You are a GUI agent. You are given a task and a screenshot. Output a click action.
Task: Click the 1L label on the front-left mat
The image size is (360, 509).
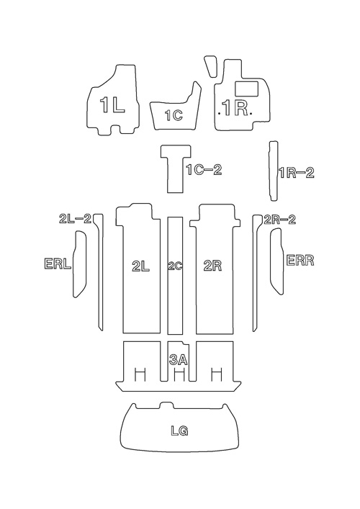(x=112, y=105)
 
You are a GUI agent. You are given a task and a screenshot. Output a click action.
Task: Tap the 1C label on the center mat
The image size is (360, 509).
(x=174, y=115)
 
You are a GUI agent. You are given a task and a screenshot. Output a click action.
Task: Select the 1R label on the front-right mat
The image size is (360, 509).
(x=235, y=108)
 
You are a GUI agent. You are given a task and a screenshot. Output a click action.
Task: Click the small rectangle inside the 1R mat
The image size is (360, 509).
(x=246, y=89)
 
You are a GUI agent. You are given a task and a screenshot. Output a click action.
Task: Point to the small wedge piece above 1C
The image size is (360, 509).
(x=211, y=66)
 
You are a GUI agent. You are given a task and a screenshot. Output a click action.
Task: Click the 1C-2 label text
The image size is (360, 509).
(x=204, y=169)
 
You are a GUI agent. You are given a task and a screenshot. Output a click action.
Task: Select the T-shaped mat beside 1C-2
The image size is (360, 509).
(x=176, y=168)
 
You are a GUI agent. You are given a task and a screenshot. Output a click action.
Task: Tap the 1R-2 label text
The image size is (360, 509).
(x=297, y=173)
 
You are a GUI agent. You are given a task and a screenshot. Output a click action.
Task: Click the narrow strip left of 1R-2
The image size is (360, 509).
(x=274, y=171)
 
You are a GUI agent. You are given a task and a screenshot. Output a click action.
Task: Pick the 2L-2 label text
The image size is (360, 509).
(x=76, y=218)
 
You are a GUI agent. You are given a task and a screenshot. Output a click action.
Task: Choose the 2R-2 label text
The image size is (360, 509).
(x=280, y=220)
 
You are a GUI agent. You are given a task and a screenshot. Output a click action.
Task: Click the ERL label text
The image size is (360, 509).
(x=58, y=263)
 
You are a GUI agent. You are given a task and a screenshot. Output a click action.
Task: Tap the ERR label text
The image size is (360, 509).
(x=300, y=261)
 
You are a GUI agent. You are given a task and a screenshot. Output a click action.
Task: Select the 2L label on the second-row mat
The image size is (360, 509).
(x=141, y=266)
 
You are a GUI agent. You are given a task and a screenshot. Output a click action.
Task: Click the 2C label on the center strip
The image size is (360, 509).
(x=175, y=266)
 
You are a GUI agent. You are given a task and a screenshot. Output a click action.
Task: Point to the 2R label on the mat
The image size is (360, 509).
(x=212, y=266)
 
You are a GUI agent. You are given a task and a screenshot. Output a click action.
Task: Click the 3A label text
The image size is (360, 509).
(x=179, y=359)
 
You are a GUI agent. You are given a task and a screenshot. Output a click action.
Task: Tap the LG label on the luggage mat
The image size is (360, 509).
(x=179, y=431)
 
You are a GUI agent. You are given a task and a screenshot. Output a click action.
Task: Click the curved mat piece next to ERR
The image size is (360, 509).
(x=277, y=261)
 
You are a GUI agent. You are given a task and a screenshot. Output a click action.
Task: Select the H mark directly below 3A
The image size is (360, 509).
(x=179, y=375)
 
